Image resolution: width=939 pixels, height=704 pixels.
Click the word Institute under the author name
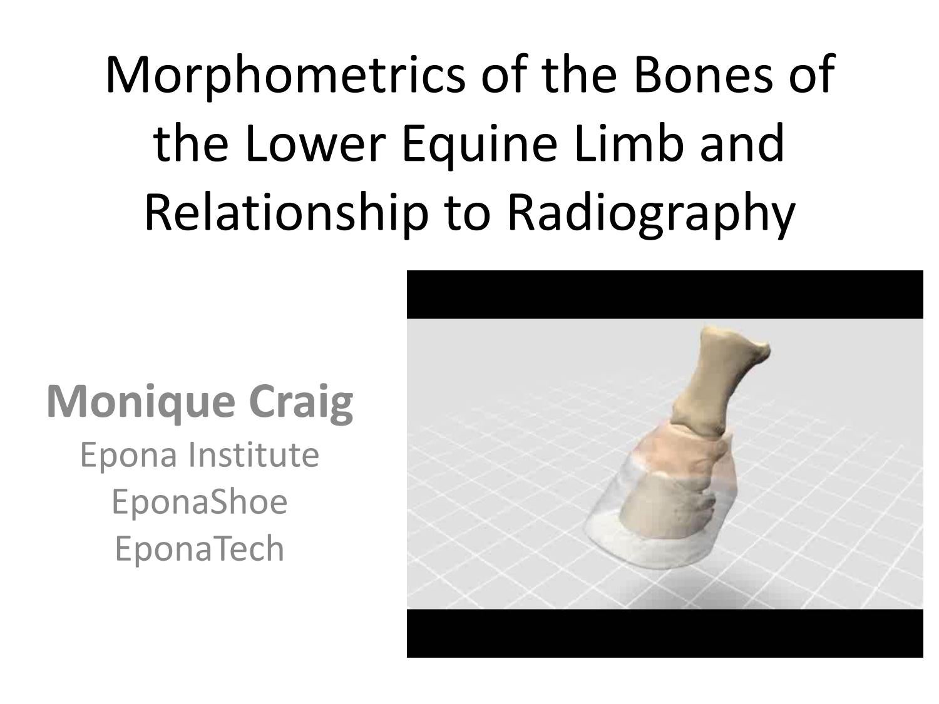tap(254, 455)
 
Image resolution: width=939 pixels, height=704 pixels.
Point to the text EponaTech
tap(199, 549)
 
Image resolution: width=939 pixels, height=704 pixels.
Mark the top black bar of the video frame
tap(665, 295)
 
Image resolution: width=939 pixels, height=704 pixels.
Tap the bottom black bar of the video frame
tap(665, 633)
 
